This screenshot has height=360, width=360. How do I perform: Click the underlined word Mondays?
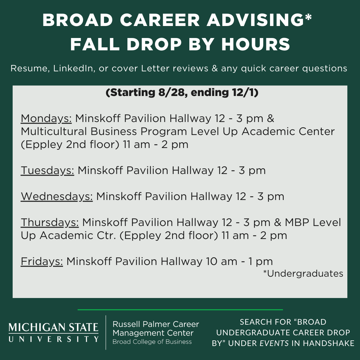(x=46, y=119)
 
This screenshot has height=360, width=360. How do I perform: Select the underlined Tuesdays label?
(x=47, y=171)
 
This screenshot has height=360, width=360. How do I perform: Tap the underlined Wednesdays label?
(x=57, y=197)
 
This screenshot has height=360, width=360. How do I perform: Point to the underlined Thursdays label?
(x=50, y=222)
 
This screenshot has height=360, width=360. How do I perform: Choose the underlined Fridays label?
(x=42, y=262)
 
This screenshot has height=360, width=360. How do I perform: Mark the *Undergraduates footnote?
(x=303, y=273)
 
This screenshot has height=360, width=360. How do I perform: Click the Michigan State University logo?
(x=53, y=332)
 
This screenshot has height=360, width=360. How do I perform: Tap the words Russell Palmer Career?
(x=156, y=324)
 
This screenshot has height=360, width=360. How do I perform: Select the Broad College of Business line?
(x=152, y=342)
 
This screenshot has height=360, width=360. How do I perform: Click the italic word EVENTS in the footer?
(x=274, y=343)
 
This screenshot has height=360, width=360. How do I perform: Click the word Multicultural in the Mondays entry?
(x=54, y=132)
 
